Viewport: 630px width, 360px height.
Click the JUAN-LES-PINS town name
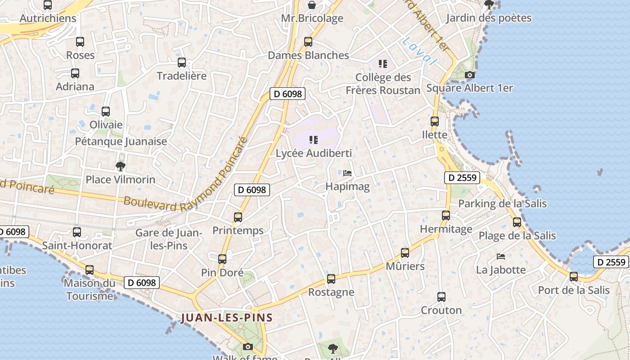tap(227, 318)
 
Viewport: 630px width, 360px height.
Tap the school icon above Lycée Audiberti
tap(314, 140)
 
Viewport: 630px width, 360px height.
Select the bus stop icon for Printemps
tap(238, 217)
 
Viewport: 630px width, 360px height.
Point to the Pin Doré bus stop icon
tap(222, 259)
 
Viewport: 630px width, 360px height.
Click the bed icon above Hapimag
tap(347, 173)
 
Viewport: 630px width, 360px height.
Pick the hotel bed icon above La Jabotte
tap(501, 256)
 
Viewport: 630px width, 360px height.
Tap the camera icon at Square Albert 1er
tap(469, 75)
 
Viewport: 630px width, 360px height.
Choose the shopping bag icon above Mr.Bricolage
tap(312, 5)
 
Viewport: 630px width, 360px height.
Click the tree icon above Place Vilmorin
tap(120, 166)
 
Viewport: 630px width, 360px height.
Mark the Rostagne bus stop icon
tap(331, 279)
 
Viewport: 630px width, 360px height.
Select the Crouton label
tap(441, 310)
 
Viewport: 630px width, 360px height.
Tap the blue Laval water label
tap(419, 51)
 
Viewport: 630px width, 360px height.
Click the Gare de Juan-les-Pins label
tap(168, 239)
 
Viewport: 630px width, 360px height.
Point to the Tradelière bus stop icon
tap(182, 63)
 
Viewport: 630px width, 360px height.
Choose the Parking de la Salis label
tap(502, 203)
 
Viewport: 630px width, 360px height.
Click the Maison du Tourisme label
tap(90, 289)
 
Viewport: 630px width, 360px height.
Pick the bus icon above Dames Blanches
tap(308, 42)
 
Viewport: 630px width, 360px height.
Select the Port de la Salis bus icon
tap(574, 277)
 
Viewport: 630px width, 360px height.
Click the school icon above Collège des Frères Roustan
tap(383, 64)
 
